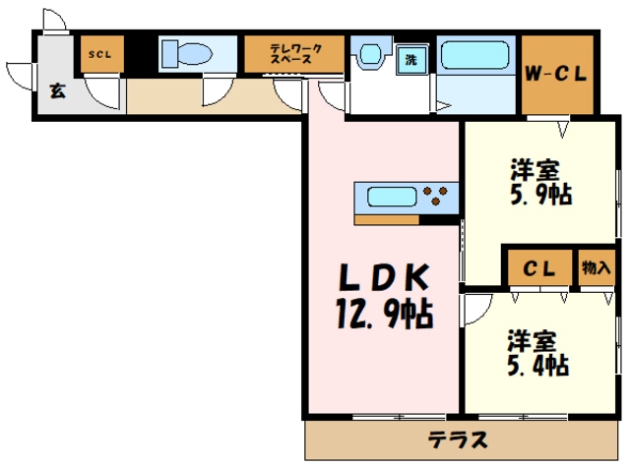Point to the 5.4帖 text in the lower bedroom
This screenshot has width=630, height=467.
536,366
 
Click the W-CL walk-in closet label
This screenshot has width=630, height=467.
557,74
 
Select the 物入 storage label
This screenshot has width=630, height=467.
594,267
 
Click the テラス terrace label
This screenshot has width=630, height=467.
458,438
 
